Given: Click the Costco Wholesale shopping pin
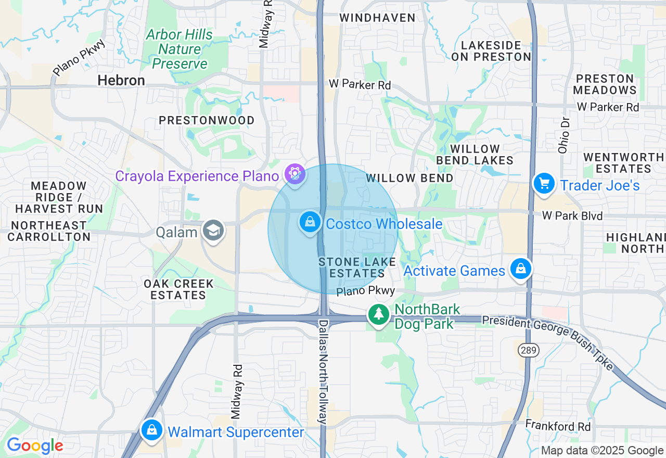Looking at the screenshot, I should point(310,222).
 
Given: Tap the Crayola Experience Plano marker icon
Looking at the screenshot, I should point(295,173).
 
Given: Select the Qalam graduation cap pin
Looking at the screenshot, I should point(213,230).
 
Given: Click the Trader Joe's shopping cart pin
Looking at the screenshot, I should point(544,184).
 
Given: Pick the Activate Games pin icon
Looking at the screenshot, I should point(521,269).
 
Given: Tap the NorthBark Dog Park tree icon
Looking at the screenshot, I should point(379,314).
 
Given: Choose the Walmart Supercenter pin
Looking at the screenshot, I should point(151,430).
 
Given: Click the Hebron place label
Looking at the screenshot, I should point(121,80).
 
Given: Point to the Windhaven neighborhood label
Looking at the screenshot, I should point(377,18).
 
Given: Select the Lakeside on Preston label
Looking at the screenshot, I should point(491,51).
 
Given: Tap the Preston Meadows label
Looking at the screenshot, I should point(605,84).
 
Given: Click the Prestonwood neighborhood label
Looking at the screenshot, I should point(207,120).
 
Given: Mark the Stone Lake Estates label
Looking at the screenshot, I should point(357,268).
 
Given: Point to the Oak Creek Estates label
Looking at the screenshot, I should point(179,289).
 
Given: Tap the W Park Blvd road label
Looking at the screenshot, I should point(572,215).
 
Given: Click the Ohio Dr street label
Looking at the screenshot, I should point(564,134).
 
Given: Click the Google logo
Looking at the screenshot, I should point(35,446).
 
